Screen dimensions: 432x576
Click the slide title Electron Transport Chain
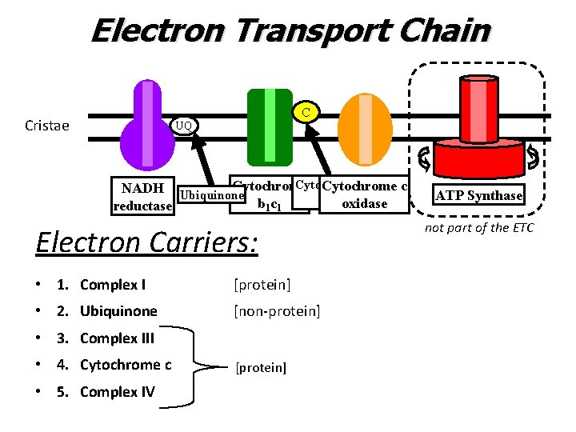point(290,31)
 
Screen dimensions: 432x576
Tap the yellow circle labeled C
point(306,111)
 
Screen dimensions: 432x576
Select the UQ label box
point(183,126)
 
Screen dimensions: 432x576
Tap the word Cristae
point(47,126)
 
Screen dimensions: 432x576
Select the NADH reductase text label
point(143,197)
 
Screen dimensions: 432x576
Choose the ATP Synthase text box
point(478,195)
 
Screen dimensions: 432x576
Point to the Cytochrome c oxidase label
point(365,194)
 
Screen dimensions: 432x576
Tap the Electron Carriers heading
point(146,242)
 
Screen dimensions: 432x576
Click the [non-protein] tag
point(277,311)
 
